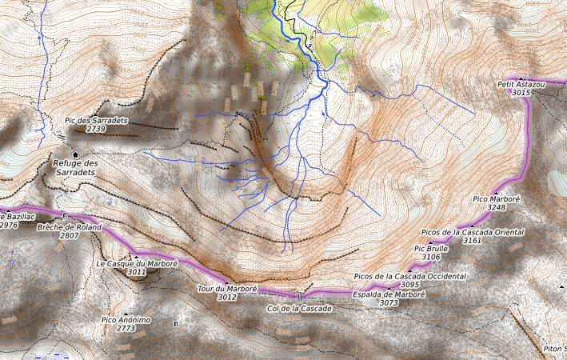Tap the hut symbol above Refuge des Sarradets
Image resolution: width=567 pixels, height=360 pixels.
76,154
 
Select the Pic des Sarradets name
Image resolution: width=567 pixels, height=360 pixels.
96,120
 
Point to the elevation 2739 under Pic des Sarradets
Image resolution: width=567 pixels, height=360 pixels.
96,129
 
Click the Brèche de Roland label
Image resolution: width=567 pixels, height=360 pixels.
69,226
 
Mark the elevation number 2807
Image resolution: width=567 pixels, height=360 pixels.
69,236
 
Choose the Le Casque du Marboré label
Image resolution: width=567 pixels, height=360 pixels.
137,263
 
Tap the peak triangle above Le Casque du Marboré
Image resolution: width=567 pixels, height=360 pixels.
136,256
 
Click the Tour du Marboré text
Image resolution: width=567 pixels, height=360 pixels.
227,288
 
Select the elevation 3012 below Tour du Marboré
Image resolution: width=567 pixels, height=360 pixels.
227,297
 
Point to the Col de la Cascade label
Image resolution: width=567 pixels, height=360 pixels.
299,307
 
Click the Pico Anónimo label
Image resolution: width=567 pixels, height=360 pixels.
126,319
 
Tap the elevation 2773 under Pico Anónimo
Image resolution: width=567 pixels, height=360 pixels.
126,328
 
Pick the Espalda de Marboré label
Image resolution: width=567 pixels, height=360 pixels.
389,294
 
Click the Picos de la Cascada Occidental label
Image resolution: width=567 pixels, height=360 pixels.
409,276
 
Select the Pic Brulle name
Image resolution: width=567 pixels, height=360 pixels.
431,249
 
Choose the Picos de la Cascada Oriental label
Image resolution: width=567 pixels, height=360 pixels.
472,231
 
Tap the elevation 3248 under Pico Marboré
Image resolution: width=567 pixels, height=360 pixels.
496,207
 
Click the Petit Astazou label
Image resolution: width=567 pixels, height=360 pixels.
521,84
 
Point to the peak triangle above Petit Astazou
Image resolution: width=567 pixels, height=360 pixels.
521,78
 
